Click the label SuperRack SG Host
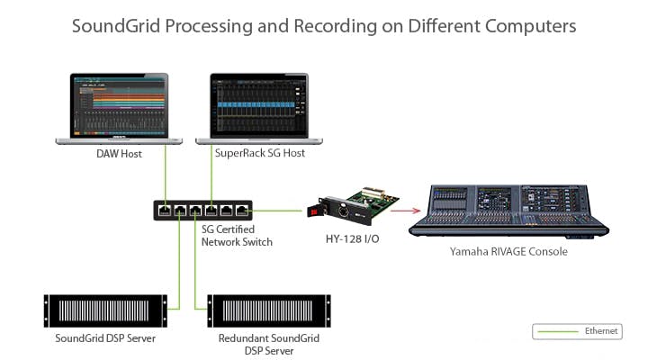coord(259,153)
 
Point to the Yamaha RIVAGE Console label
coord(508,252)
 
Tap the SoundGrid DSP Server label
coord(105,338)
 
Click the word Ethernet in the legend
coord(601,331)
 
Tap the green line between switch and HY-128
coord(279,211)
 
